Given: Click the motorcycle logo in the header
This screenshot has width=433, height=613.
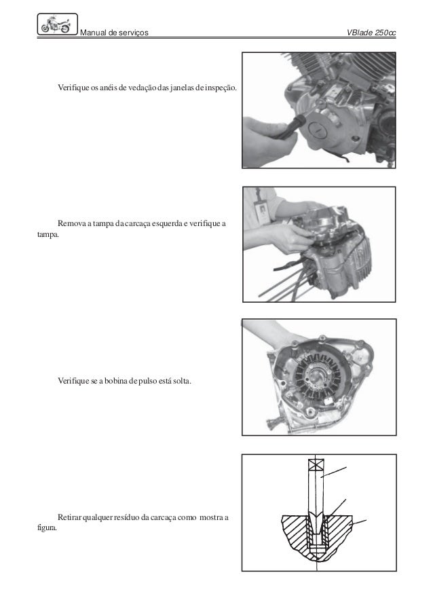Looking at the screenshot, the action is coord(58,24).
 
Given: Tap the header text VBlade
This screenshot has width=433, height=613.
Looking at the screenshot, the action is coord(360,33).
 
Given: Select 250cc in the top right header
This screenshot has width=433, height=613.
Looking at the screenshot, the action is coord(385,33).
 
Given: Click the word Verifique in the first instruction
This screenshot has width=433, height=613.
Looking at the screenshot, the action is coord(73,88).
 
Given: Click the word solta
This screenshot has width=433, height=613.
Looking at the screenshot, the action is coord(182,380).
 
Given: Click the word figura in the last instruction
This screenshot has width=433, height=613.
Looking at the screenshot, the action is coord(47,527).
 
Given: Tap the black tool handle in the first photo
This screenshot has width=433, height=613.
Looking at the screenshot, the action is coord(290,125).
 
